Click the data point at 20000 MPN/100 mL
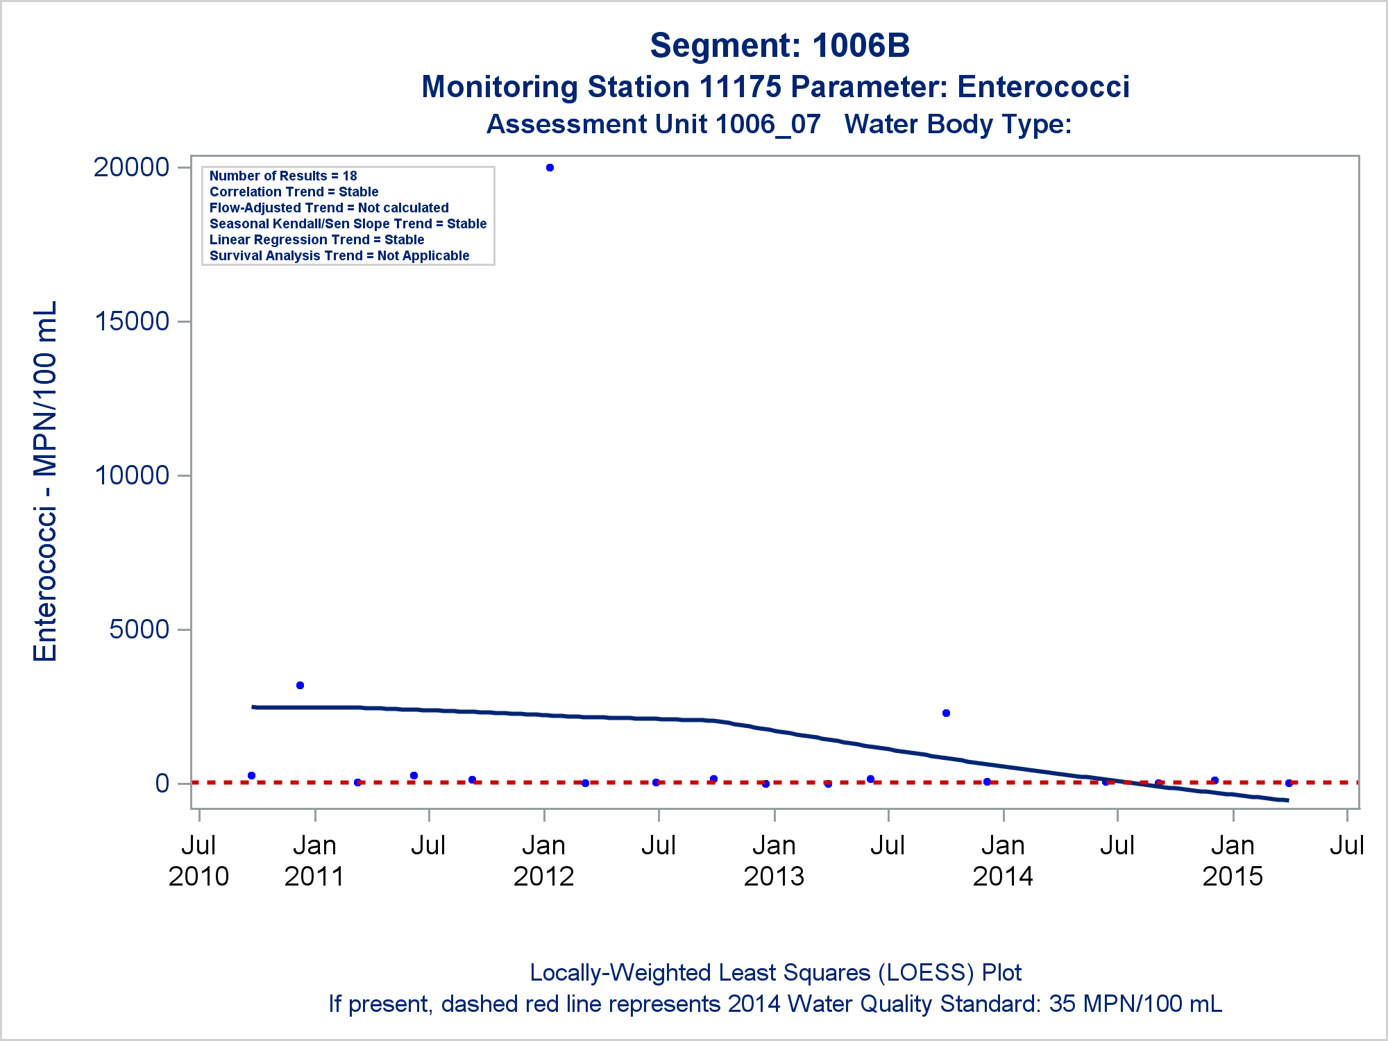550,167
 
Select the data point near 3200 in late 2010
300,685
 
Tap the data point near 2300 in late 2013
946,713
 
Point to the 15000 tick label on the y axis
132,321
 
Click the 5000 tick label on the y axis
139,629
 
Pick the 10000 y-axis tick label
132,475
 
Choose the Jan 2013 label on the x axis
774,861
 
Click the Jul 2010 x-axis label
198,861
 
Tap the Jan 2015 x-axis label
1233,861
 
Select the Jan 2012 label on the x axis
543,861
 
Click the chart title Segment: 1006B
779,46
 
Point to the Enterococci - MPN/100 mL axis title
46,481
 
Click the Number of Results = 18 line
283,176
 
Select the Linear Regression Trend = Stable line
316,239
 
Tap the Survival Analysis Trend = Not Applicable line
339,255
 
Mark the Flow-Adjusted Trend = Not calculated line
329,208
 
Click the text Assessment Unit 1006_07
653,124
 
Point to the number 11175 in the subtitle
740,87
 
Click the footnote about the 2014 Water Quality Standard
775,1004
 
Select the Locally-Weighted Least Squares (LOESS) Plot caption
775,972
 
